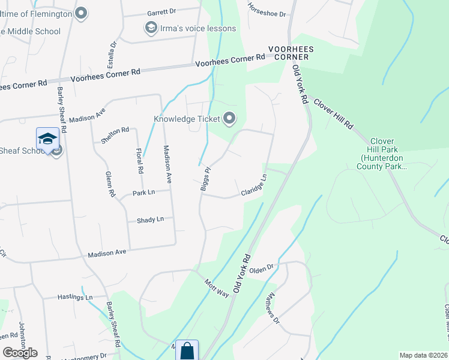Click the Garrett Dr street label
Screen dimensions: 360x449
point(161,12)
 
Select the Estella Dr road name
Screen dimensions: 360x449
point(111,53)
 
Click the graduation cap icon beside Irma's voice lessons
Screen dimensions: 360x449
point(150,28)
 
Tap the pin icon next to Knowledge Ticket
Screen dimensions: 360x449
point(229,118)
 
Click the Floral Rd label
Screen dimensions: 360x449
point(139,161)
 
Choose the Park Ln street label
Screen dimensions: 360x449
point(144,193)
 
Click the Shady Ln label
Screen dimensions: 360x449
point(150,220)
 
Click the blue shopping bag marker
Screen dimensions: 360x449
point(187,351)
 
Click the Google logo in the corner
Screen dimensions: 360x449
point(20,353)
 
